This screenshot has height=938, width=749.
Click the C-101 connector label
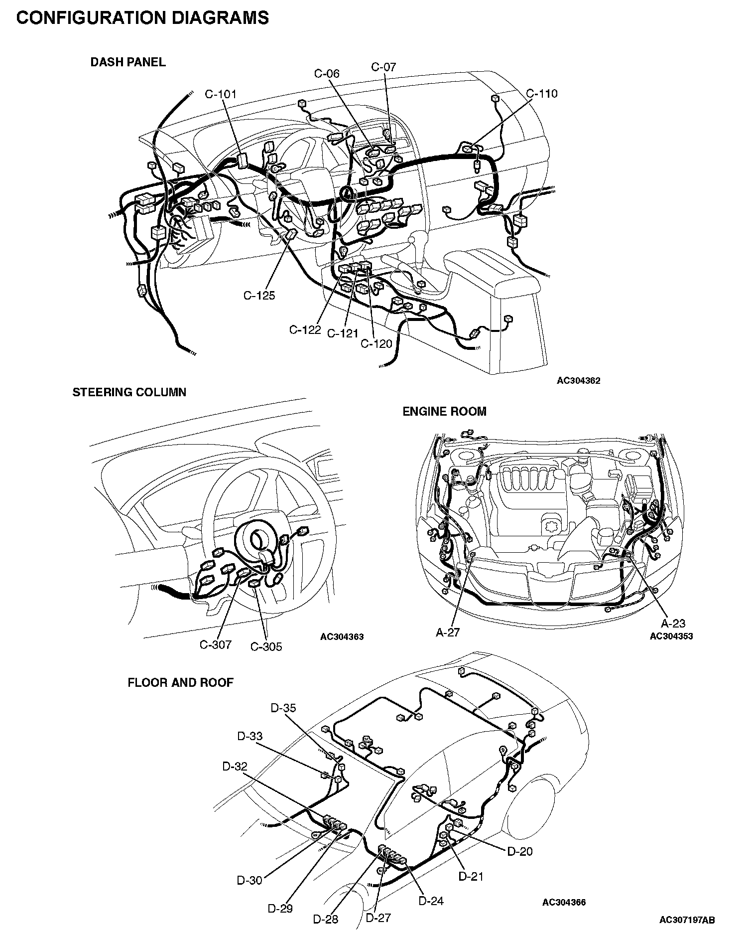click(x=221, y=94)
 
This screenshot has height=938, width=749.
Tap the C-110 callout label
click(x=542, y=94)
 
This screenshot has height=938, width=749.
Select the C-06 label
click(x=327, y=74)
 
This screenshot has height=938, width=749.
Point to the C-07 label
click(x=383, y=67)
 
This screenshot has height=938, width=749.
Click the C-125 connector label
click(x=259, y=296)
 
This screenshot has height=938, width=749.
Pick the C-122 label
click(x=305, y=330)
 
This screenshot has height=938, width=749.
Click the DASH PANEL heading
click(x=128, y=62)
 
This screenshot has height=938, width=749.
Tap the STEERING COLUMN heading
click(x=129, y=392)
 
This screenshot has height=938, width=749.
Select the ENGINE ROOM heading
click(x=444, y=412)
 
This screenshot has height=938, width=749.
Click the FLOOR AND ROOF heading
click(x=180, y=682)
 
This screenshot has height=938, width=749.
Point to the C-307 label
click(x=216, y=644)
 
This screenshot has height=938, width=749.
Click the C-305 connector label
click(x=266, y=647)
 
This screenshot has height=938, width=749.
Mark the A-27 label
click(x=447, y=632)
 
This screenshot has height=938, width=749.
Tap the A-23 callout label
click(x=673, y=623)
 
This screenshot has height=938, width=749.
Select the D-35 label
click(x=283, y=708)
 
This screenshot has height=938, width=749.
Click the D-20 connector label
click(x=520, y=851)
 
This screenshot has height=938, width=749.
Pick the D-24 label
click(x=431, y=901)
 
